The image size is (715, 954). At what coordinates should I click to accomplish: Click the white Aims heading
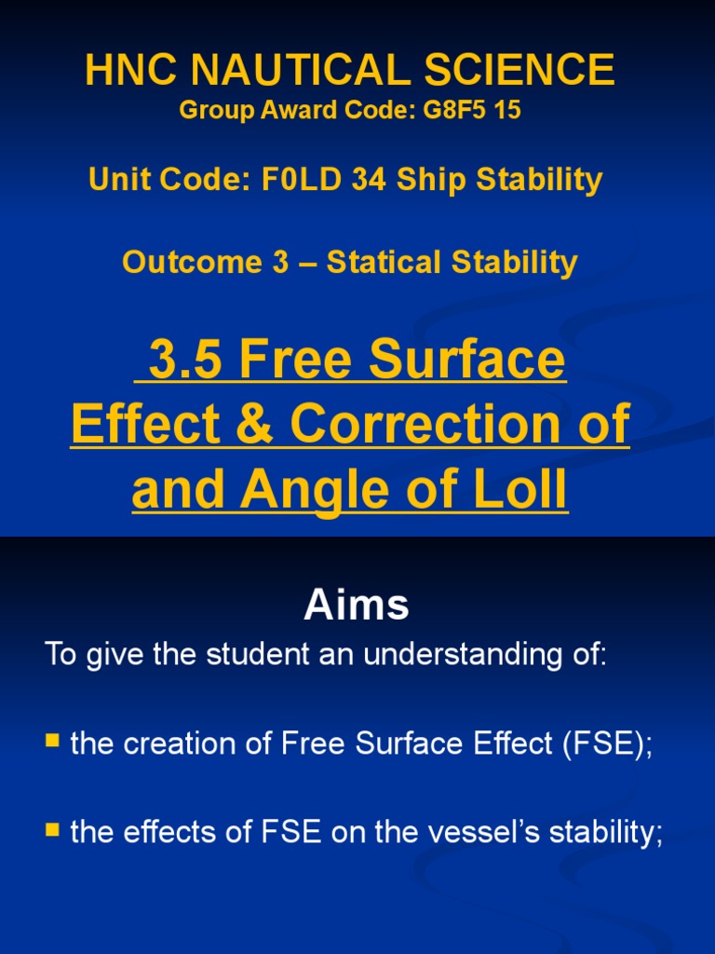coord(357,606)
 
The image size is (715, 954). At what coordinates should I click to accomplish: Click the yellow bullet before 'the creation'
coord(53,742)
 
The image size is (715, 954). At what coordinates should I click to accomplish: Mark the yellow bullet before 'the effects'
coord(53,829)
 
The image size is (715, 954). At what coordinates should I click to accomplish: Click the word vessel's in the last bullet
coord(465,832)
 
